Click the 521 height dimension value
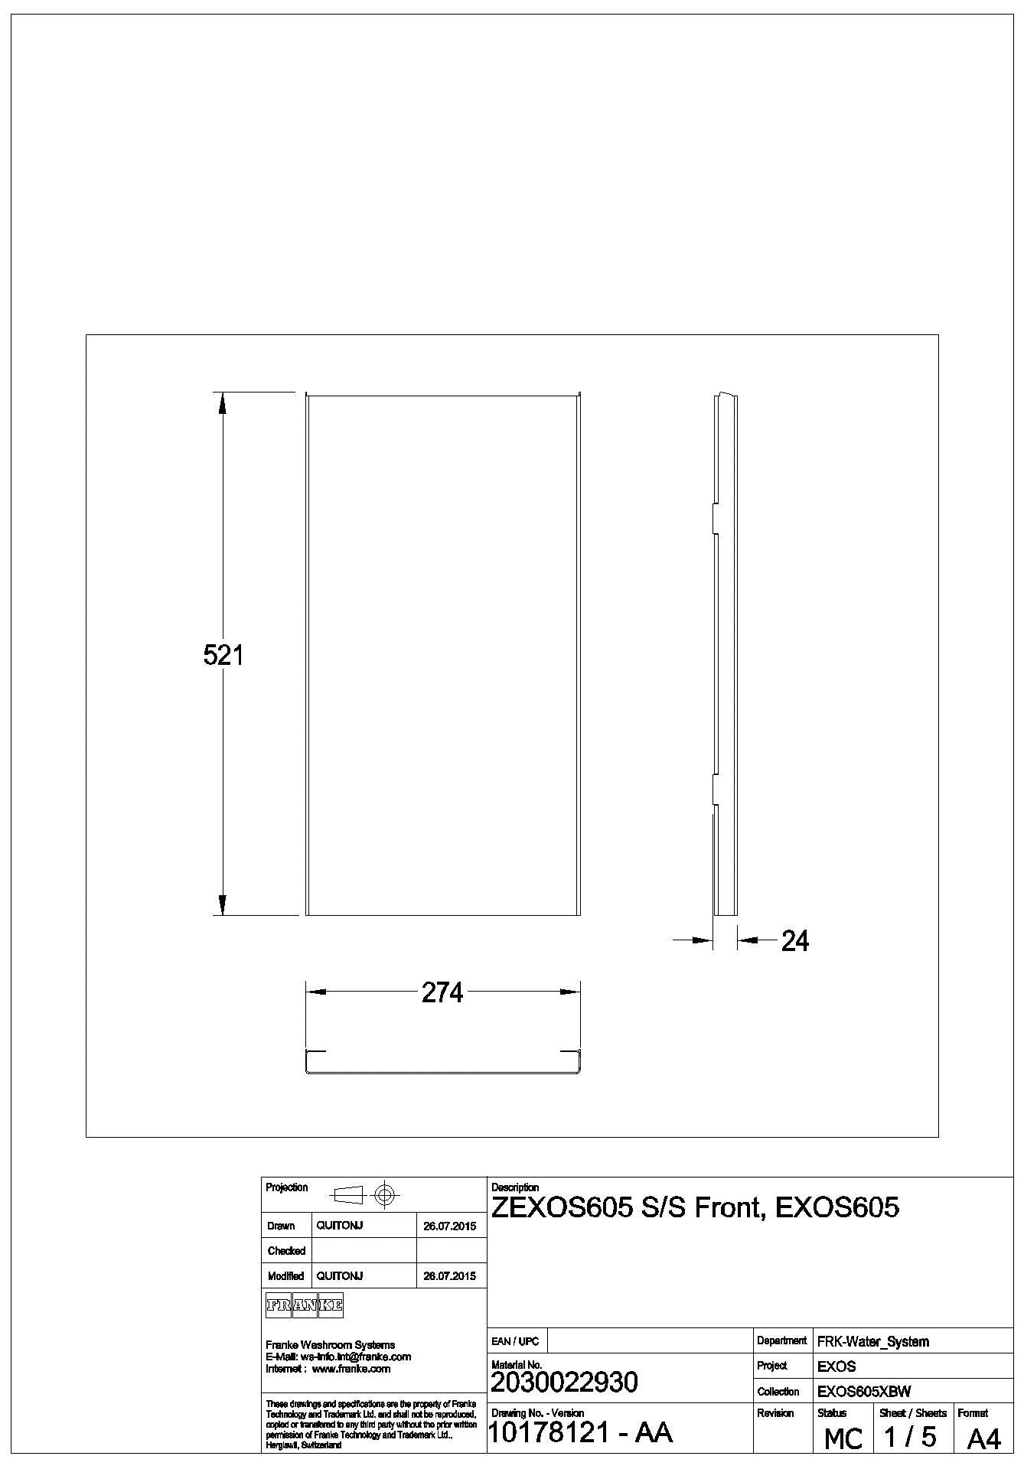[x=223, y=656]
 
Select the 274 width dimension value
[x=442, y=992]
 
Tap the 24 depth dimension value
[x=794, y=941]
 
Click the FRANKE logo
[x=304, y=1306]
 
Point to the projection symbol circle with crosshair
[x=385, y=1194]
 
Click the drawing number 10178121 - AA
[x=579, y=1432]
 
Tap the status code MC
[x=843, y=1439]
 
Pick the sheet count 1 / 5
[x=910, y=1437]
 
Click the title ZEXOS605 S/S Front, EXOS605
[x=695, y=1208]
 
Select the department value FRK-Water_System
[x=873, y=1341]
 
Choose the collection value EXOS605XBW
[x=864, y=1392]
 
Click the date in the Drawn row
[x=449, y=1226]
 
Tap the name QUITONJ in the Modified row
[x=339, y=1275]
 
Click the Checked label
[x=286, y=1251]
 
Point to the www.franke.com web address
[x=351, y=1369]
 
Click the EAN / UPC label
[x=515, y=1341]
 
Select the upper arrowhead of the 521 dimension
[x=223, y=402]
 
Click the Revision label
[x=775, y=1413]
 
